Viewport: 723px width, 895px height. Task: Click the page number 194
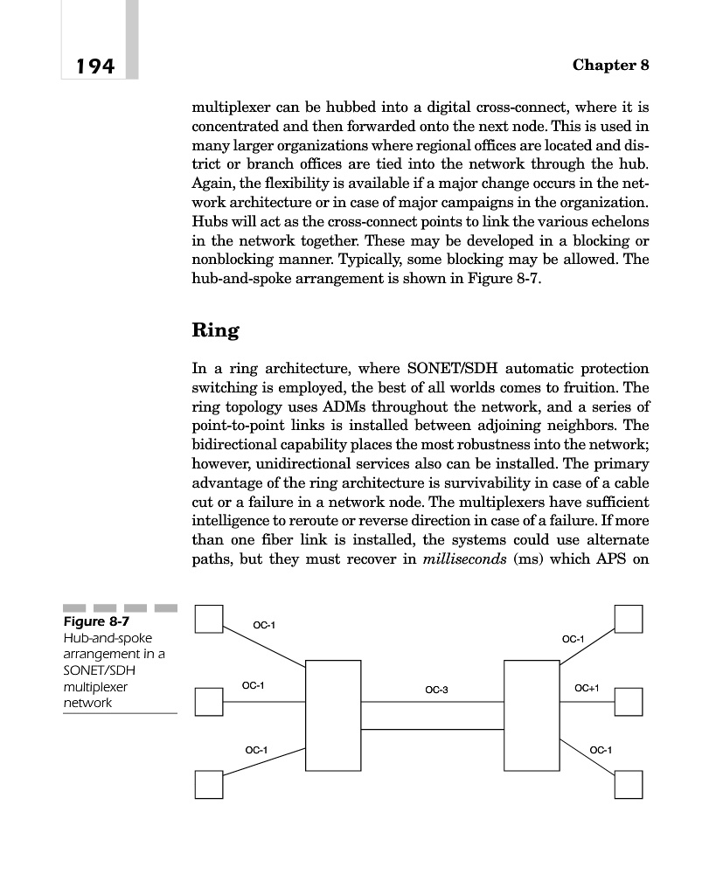(95, 66)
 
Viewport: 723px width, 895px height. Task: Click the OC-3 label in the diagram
(436, 690)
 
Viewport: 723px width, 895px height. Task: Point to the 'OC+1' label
(587, 689)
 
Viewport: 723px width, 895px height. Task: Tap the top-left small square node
(208, 619)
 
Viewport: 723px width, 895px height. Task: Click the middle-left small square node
(208, 701)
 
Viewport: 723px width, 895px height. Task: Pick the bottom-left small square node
(208, 784)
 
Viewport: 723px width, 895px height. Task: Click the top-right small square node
(628, 619)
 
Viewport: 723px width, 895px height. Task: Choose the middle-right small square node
(628, 701)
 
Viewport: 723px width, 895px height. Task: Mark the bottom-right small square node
(628, 784)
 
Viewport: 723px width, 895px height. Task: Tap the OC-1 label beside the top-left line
(264, 625)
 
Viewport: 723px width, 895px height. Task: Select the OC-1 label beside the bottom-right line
(601, 750)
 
